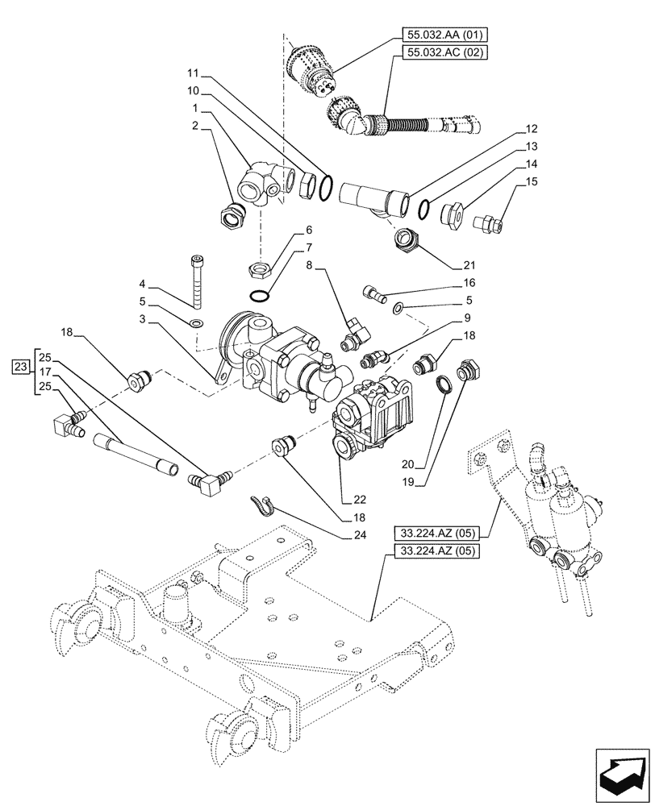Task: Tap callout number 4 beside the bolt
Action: click(142, 284)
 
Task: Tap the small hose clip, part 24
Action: click(261, 505)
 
